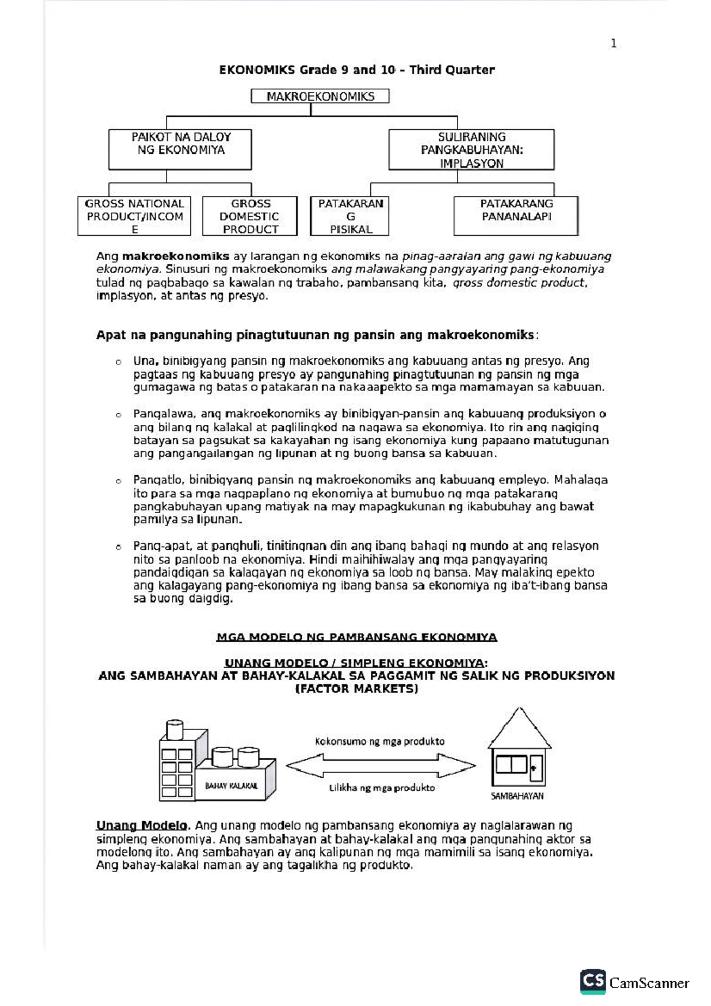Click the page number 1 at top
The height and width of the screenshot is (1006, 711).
tap(613, 43)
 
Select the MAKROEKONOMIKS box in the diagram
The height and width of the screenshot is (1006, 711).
tap(320, 96)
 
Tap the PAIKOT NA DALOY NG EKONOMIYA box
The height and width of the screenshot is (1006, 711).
tap(180, 149)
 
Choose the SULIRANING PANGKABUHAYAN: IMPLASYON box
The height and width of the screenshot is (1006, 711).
tap(472, 150)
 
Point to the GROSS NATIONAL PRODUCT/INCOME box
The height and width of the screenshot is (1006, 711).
tap(134, 216)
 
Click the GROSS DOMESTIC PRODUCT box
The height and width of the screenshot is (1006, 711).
tap(250, 216)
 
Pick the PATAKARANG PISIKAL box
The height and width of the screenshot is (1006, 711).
tap(350, 216)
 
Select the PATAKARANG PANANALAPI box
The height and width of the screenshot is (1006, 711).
tap(516, 216)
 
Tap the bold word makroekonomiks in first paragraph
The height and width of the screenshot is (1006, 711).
tap(175, 257)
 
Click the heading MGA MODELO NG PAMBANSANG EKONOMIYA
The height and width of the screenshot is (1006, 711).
tap(357, 637)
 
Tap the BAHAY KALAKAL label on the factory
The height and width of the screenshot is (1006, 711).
tap(231, 786)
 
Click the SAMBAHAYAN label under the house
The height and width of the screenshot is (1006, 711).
tap(517, 796)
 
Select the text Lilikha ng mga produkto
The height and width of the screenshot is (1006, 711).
tap(382, 788)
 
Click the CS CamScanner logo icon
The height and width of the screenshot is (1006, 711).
tap(592, 981)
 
